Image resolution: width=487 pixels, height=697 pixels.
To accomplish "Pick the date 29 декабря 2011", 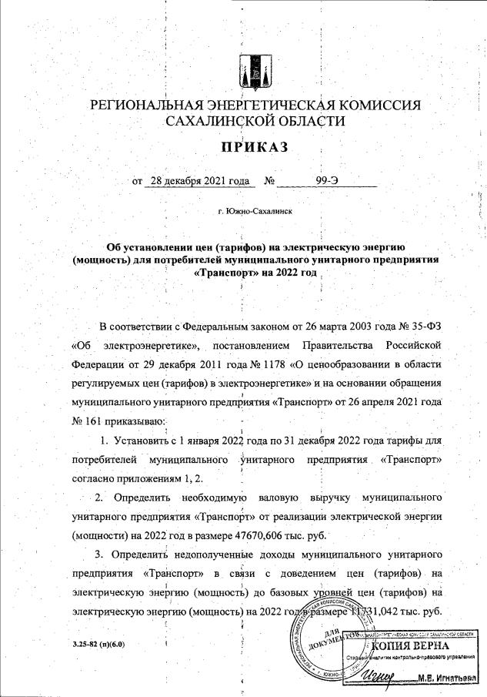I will point(167,362).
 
